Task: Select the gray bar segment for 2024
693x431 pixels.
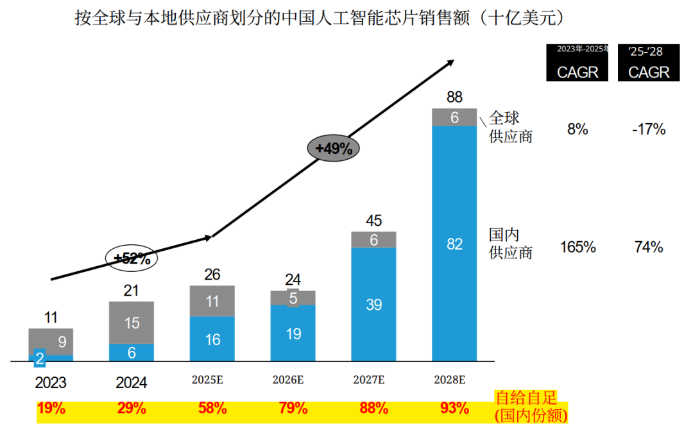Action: [132, 323]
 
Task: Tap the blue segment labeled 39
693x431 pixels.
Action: [373, 305]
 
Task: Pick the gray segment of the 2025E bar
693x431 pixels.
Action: [212, 301]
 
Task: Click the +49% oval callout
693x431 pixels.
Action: [334, 149]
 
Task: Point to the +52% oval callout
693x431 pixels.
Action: [132, 258]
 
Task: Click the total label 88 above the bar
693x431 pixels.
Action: [454, 97]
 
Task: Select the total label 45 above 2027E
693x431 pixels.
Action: [373, 221]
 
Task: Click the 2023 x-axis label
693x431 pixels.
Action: [51, 383]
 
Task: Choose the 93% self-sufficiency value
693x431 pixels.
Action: [455, 408]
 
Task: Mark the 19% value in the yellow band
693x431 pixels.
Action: [51, 408]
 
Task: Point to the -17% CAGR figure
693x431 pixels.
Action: [648, 130]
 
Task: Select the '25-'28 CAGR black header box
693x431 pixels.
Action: [648, 63]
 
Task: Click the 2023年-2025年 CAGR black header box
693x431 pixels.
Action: [577, 63]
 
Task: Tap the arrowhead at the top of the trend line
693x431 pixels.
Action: [450, 62]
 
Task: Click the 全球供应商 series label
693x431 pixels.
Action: [511, 127]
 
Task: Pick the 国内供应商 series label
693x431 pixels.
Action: [511, 242]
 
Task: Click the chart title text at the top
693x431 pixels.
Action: [319, 18]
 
